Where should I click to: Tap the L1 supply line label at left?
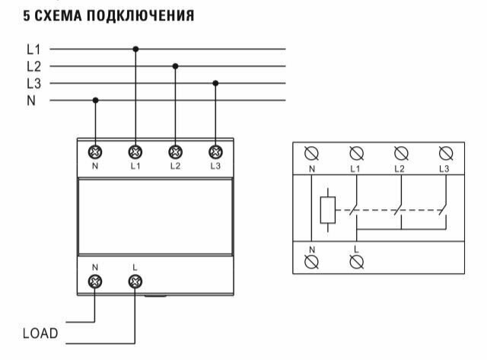tap(33, 49)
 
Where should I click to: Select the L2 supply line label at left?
tap(33, 66)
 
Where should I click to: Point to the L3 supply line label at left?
tap(33, 83)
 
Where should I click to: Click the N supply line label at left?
tap(31, 100)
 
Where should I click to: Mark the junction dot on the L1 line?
tap(135, 49)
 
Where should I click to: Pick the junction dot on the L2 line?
tap(175, 66)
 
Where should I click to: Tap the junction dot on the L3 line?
tap(215, 83)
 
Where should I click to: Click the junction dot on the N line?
tap(95, 100)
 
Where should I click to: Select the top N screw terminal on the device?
tap(96, 151)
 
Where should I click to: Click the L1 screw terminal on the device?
tap(135, 151)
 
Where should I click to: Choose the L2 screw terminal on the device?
tap(175, 151)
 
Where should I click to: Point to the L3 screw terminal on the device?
tap(215, 151)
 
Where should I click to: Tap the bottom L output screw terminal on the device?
tap(135, 282)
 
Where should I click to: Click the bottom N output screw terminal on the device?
tap(96, 282)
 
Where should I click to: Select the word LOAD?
tap(40, 333)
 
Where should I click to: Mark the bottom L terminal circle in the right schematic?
tap(355, 262)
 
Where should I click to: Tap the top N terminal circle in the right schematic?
tap(311, 151)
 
